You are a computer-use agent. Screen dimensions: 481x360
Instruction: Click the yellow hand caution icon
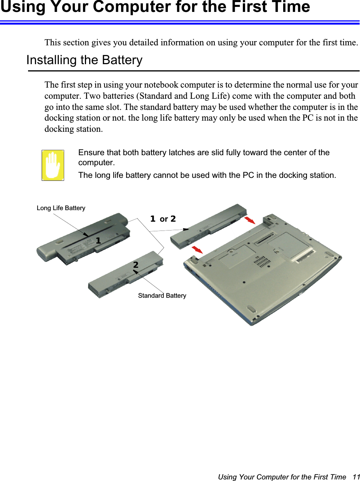coord(53,165)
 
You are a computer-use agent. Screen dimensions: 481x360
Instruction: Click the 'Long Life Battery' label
coord(61,208)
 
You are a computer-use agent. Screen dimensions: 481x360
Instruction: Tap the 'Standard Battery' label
coord(162,295)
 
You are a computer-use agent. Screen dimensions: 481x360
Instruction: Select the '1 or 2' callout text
coord(163,219)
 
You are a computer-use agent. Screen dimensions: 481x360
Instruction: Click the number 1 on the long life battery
coord(98,241)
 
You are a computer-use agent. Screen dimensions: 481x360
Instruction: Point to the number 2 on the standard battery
coord(136,265)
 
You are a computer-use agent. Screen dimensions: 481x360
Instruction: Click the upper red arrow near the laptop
coord(249,220)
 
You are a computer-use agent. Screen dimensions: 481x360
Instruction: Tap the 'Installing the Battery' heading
coord(84,60)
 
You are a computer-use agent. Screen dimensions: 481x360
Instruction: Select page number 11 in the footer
coord(356,477)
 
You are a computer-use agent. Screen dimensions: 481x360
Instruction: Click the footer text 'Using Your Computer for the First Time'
coord(282,477)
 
